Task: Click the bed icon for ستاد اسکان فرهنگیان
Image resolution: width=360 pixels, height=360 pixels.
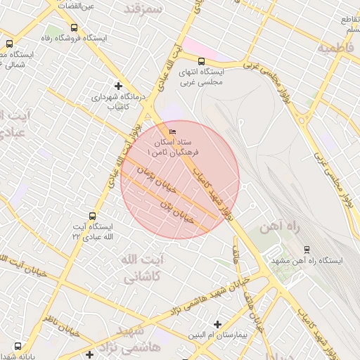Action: [172, 131]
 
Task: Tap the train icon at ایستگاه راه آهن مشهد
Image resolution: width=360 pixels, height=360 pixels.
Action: [306, 249]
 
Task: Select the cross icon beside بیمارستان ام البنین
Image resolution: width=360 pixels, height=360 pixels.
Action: [217, 325]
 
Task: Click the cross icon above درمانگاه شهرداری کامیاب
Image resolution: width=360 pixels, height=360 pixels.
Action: [118, 86]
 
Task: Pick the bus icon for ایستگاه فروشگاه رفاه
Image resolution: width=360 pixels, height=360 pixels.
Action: [74, 28]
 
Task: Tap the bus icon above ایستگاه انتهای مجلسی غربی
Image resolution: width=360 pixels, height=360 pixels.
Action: [202, 61]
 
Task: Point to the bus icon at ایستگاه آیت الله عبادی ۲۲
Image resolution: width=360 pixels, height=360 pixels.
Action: [92, 216]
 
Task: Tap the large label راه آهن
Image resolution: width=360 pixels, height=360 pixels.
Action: [279, 227]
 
